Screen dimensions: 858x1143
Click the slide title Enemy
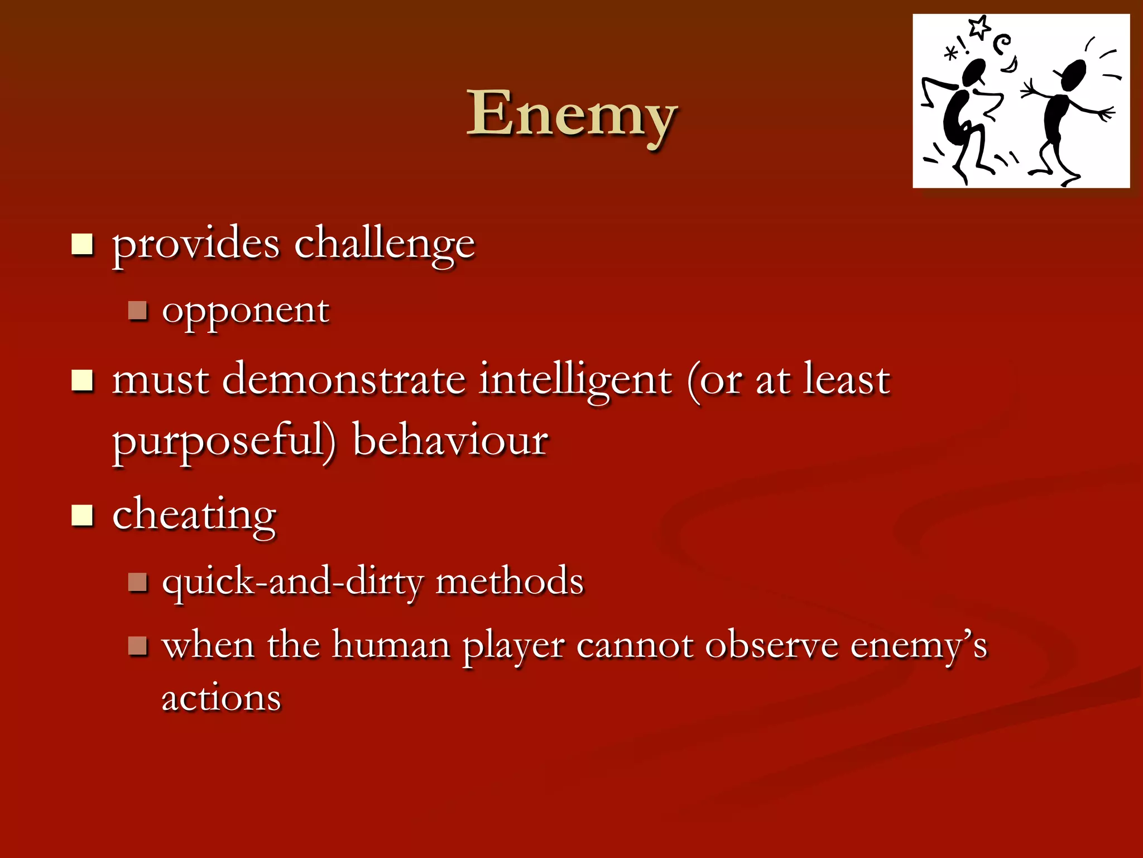coord(571,115)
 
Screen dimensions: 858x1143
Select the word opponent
coord(246,311)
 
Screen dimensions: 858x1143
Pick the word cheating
coord(194,515)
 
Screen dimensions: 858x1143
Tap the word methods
coord(509,581)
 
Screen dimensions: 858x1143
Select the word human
coord(391,645)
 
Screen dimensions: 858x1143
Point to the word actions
coord(221,698)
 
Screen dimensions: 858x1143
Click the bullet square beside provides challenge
coord(82,244)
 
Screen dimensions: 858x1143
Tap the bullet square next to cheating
coord(82,516)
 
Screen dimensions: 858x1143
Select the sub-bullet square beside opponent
coord(137,311)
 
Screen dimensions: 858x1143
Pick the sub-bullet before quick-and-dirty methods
coord(137,582)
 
